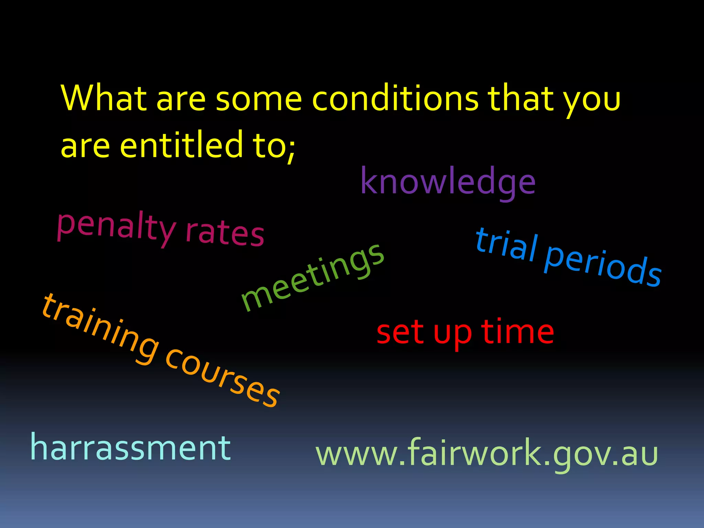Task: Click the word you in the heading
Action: tap(592, 102)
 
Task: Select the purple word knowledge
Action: tap(448, 182)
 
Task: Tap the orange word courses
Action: tap(222, 378)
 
